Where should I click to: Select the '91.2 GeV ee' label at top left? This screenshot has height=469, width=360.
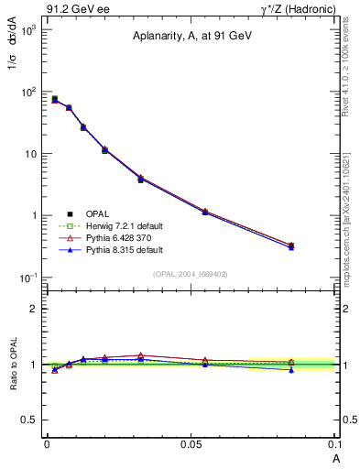pyautogui.click(x=78, y=9)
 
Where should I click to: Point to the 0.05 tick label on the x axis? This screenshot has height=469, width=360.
pyautogui.click(x=191, y=444)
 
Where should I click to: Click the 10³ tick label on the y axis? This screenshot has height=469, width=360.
pyautogui.click(x=27, y=30)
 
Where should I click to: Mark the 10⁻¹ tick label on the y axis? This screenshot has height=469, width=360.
pyautogui.click(x=27, y=278)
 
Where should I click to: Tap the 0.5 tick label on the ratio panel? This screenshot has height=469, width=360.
pyautogui.click(x=28, y=420)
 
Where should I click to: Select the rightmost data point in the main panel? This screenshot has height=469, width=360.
pyautogui.click(x=291, y=245)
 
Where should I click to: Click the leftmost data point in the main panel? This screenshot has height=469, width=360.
pyautogui.click(x=54, y=99)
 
